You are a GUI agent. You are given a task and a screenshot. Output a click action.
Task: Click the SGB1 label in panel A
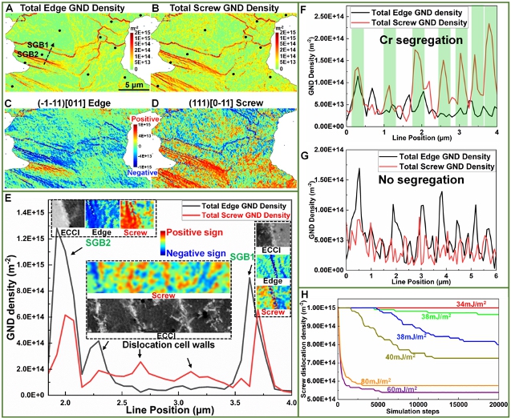(x=37, y=45)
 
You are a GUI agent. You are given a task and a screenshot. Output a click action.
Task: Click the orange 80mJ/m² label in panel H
(x=375, y=380)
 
